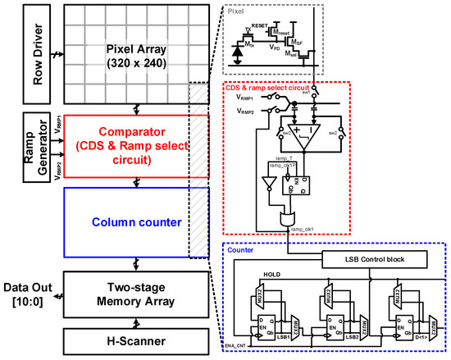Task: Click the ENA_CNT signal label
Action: pyautogui.click(x=235, y=350)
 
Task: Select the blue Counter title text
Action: pyautogui.click(x=240, y=248)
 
